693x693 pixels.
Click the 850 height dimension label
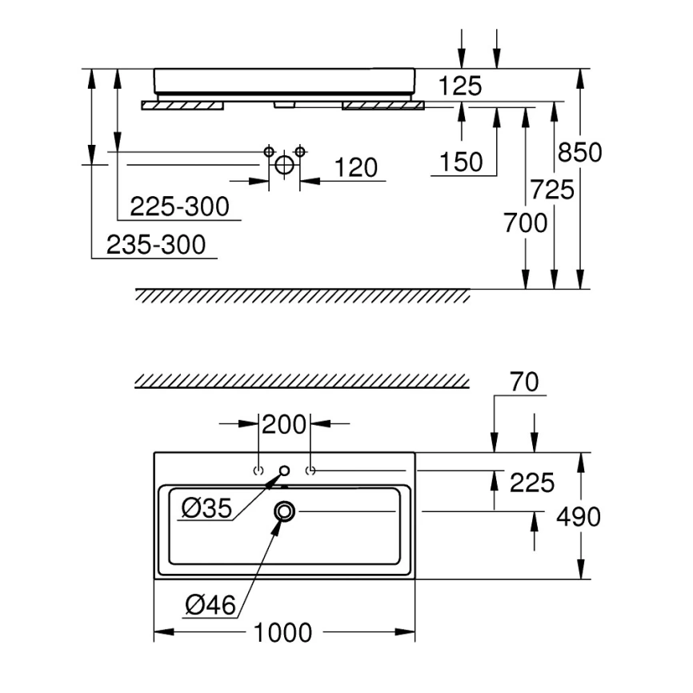(579, 152)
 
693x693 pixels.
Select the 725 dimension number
(552, 190)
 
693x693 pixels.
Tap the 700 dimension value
(525, 222)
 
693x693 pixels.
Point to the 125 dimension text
(460, 86)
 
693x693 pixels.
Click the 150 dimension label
(461, 162)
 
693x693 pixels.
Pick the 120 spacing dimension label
(356, 167)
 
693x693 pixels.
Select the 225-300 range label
(179, 206)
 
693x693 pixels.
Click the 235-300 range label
(156, 245)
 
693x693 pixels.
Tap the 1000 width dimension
(282, 633)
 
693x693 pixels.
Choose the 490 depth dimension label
(578, 517)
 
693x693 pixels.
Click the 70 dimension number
(524, 382)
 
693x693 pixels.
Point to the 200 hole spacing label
(284, 424)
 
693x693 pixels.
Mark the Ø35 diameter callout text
(206, 508)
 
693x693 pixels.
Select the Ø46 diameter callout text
(210, 605)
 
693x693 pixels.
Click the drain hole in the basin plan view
(285, 512)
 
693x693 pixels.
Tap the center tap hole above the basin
(285, 471)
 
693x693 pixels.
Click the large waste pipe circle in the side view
(284, 165)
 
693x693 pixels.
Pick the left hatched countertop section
(182, 106)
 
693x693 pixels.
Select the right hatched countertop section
(383, 106)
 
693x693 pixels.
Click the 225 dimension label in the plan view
(531, 483)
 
